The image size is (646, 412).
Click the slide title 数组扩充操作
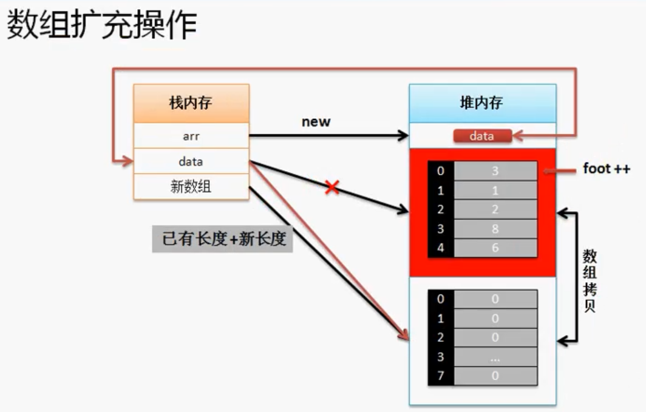(x=101, y=27)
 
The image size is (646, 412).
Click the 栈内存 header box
(x=191, y=103)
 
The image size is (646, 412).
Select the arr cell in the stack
(x=191, y=136)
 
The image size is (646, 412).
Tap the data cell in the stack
(x=191, y=161)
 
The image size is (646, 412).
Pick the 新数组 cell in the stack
(x=191, y=187)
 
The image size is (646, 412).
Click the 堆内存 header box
(x=482, y=103)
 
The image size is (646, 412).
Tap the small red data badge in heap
(x=482, y=136)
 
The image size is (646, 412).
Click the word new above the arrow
(x=316, y=121)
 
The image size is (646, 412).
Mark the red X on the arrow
(x=331, y=187)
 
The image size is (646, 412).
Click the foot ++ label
(x=607, y=169)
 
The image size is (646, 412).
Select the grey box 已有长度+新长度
(x=223, y=239)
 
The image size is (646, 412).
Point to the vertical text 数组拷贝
(x=590, y=280)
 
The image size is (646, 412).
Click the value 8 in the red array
(x=495, y=229)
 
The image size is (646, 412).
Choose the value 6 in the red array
(x=495, y=248)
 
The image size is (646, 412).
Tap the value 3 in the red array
(x=495, y=171)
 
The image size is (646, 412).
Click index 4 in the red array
(x=441, y=248)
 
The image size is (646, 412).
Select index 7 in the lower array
(x=441, y=376)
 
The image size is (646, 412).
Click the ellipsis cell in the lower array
(x=495, y=357)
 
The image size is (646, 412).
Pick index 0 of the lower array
(x=441, y=299)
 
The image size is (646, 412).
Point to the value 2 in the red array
(x=495, y=209)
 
